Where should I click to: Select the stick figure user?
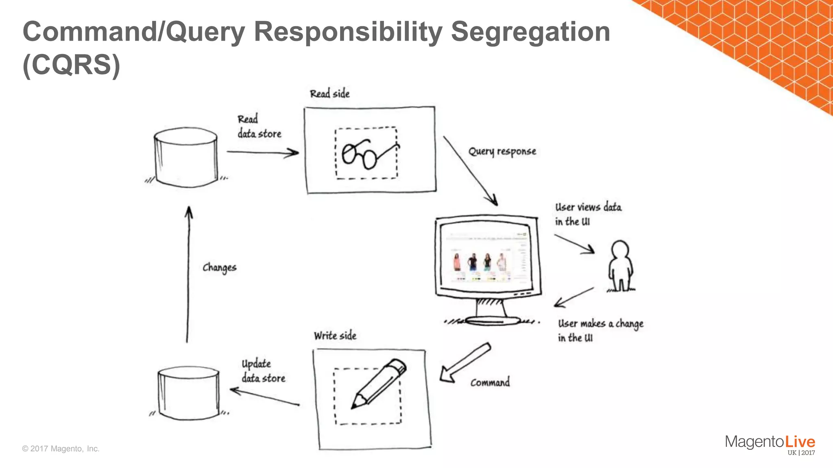pos(620,266)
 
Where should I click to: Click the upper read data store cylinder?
pos(186,158)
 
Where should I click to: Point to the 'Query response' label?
pos(502,152)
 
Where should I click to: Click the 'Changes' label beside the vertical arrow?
pos(219,267)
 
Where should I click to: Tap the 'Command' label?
pos(490,382)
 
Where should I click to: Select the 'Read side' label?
pos(329,94)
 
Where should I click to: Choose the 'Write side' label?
pos(335,336)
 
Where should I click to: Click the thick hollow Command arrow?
pos(464,362)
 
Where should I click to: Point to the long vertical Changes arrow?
pos(188,274)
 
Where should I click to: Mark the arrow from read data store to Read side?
pos(262,152)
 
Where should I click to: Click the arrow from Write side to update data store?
pos(264,397)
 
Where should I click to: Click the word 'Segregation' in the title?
pos(530,32)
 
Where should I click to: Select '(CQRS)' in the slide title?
pos(72,65)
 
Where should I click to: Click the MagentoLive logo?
pos(770,444)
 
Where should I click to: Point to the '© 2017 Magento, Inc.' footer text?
pos(61,448)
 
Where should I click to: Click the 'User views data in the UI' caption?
pos(588,214)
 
